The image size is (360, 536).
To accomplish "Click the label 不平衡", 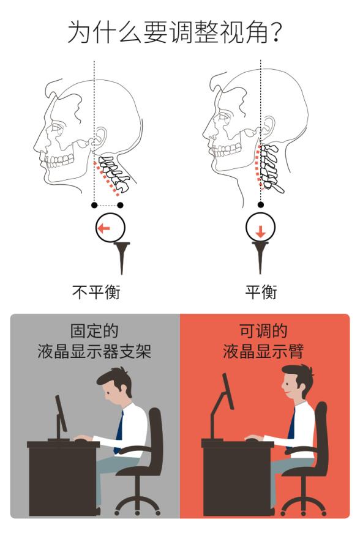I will click(x=96, y=292).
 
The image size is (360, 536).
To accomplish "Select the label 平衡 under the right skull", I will click(x=261, y=292).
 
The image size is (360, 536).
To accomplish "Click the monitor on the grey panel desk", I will click(x=61, y=413).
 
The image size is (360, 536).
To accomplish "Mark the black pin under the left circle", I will click(x=122, y=257).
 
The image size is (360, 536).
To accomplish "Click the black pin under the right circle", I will click(x=261, y=257).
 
